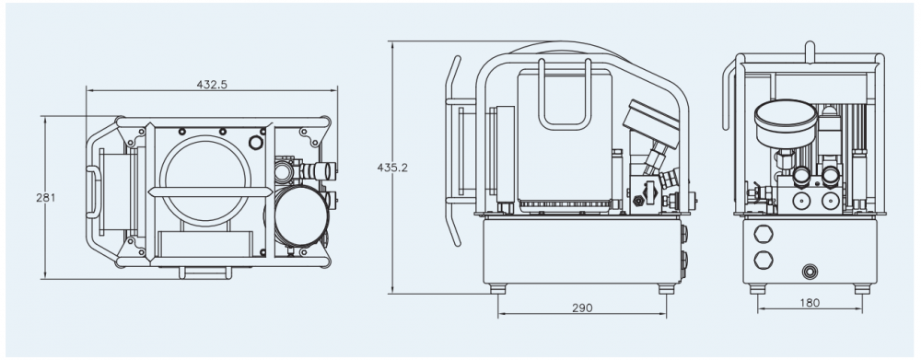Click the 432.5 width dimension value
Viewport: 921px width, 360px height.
click(212, 85)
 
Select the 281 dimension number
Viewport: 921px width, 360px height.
click(46, 197)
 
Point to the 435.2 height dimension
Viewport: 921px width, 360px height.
click(392, 168)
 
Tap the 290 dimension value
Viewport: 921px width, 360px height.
click(581, 308)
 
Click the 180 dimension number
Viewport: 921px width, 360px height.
click(810, 303)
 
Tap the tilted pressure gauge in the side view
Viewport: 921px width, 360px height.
click(651, 123)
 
